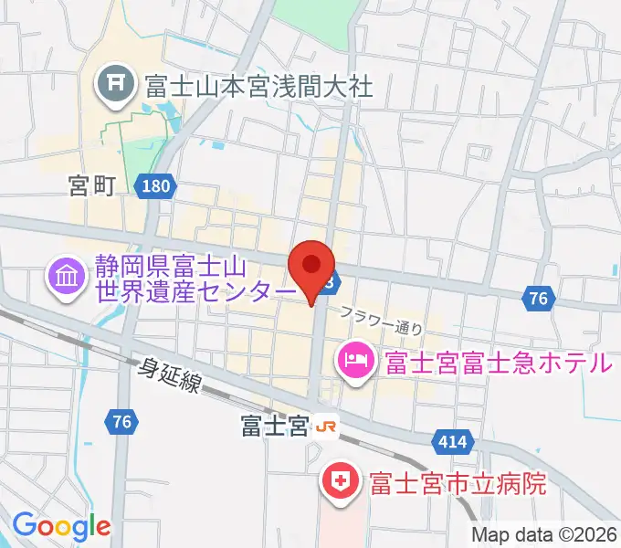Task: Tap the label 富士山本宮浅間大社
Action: pyautogui.click(x=258, y=87)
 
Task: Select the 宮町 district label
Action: pyautogui.click(x=91, y=186)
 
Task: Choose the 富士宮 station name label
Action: pyautogui.click(x=274, y=427)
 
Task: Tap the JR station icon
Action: pyautogui.click(x=327, y=427)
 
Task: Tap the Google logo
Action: pyautogui.click(x=61, y=526)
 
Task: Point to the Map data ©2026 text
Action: pyautogui.click(x=544, y=535)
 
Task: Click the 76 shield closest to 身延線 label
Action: pyautogui.click(x=121, y=421)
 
